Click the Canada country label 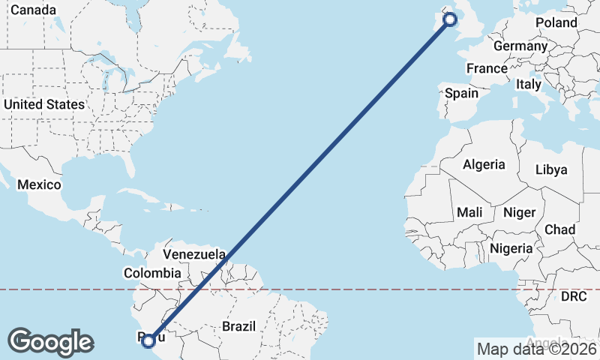coord(33,10)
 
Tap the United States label coord(43,104)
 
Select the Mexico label coord(38,184)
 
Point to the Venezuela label coord(194,254)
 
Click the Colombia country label coord(152,274)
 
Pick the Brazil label coord(239,326)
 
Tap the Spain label coord(461,94)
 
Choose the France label coord(487,68)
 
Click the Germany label coord(520,46)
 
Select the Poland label coord(556,22)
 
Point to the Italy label coord(528,85)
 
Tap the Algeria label coord(484,165)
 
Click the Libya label coord(551,169)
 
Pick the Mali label coord(469,213)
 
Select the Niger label coord(519,213)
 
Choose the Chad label coord(560,229)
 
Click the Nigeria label coord(511,248)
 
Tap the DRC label coord(574,297)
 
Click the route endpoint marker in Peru coord(148,341)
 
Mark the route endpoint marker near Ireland coord(451,19)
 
